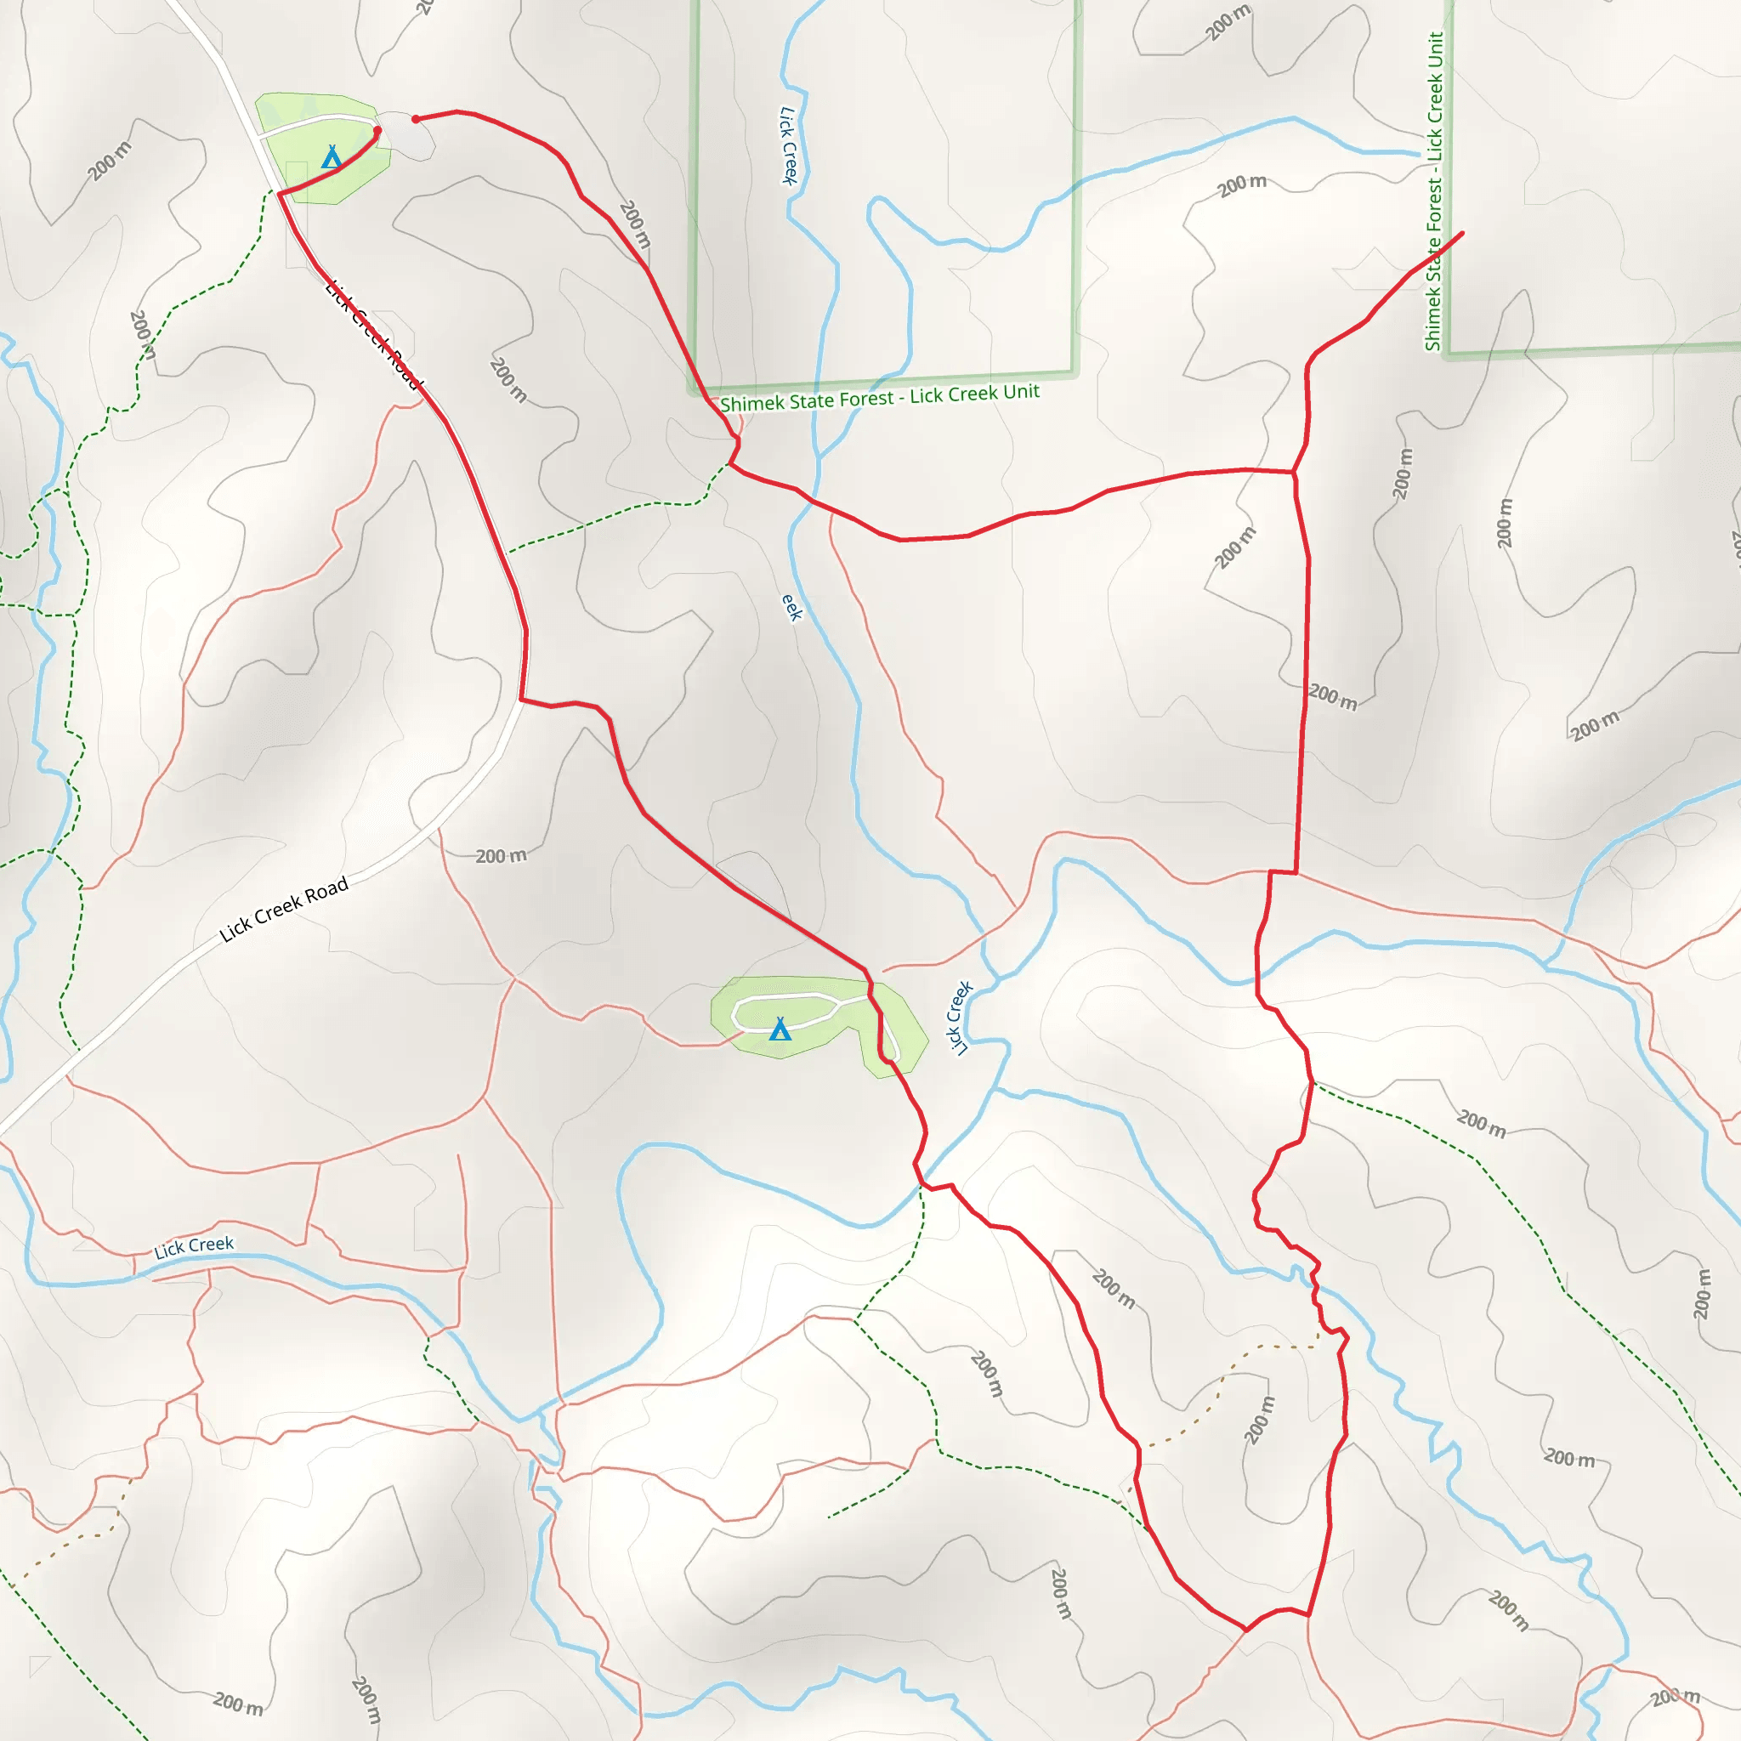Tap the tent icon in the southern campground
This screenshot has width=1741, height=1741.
(x=780, y=1029)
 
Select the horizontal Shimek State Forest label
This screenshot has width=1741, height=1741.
(x=880, y=396)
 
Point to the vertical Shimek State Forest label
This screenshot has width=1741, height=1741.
(x=1434, y=191)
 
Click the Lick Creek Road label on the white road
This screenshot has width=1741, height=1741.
(x=284, y=910)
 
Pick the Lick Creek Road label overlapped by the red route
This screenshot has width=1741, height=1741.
(x=374, y=336)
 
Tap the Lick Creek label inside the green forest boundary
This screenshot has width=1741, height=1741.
(x=789, y=145)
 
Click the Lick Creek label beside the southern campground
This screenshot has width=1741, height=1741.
(x=960, y=1018)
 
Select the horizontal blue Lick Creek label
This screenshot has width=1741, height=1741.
(x=194, y=1247)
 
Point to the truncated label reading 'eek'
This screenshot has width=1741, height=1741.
(x=791, y=606)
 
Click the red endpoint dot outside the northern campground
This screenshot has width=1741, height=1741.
(x=416, y=119)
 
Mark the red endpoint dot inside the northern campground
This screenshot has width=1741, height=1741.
(x=377, y=131)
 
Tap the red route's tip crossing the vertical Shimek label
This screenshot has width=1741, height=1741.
(x=1460, y=234)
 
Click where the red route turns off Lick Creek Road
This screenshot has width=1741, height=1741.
(x=522, y=699)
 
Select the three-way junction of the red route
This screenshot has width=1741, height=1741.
(x=1294, y=471)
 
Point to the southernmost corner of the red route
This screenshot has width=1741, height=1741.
(x=1245, y=1630)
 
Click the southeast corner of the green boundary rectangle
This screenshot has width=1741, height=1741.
(x=1075, y=371)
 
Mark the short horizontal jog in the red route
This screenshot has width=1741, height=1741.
(x=1282, y=872)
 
